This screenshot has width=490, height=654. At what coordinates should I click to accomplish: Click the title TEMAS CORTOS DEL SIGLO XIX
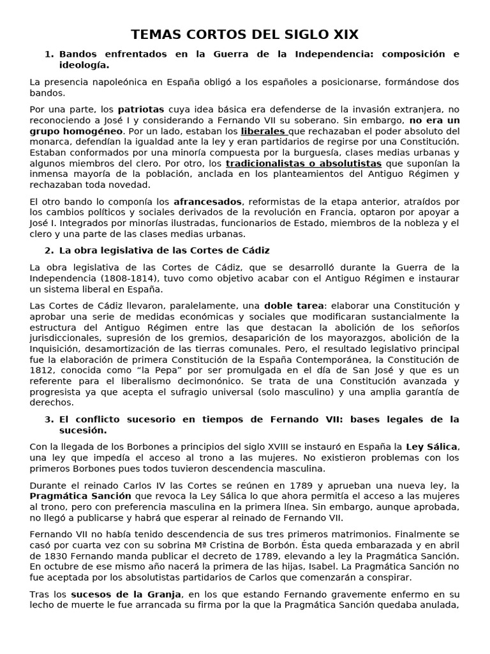point(245,34)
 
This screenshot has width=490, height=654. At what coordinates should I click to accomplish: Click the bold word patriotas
point(141,109)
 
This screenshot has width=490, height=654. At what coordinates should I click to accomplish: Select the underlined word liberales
point(263,131)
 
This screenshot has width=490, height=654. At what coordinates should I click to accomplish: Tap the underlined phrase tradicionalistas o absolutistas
point(304,163)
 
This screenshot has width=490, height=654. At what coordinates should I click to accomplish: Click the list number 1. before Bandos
point(50,54)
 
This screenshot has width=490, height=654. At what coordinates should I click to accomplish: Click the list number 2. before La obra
point(50,250)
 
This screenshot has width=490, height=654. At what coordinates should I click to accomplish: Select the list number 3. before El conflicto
point(50,419)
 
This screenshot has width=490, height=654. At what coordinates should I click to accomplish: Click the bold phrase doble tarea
point(293,305)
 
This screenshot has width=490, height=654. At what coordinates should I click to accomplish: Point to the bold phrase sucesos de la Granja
point(126,594)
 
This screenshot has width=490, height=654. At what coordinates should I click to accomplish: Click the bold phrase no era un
point(434,120)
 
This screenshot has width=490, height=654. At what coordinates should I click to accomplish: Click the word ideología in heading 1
point(84,65)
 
